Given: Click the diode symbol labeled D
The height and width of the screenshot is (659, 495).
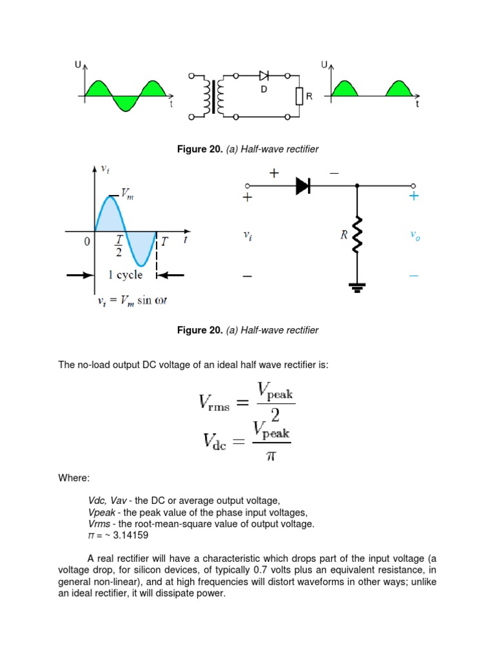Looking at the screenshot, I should pyautogui.click(x=264, y=76).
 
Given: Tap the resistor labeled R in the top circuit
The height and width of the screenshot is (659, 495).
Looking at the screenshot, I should pyautogui.click(x=299, y=97).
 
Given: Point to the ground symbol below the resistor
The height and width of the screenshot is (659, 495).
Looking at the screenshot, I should pyautogui.click(x=356, y=286).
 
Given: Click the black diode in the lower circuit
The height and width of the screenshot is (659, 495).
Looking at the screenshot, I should pyautogui.click(x=303, y=186).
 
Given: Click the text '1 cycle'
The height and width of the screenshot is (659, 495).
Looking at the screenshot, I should pyautogui.click(x=125, y=275).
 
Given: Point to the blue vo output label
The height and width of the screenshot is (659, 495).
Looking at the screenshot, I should pyautogui.click(x=414, y=236).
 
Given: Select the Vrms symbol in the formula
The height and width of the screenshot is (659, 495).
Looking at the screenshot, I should pyautogui.click(x=218, y=404).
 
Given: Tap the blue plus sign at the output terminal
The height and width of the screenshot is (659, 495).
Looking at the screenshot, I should pyautogui.click(x=413, y=196).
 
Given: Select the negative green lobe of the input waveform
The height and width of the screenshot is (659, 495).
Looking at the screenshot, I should pyautogui.click(x=124, y=103).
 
